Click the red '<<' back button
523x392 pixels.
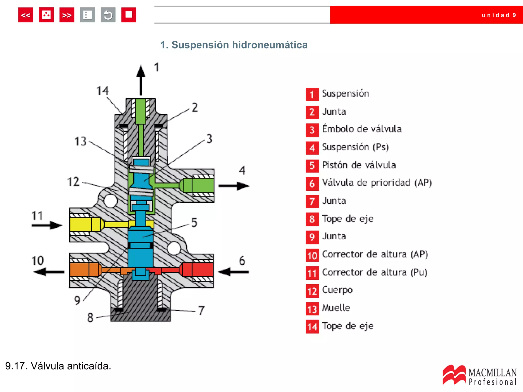tap(26, 15)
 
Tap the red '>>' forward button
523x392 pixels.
tap(67, 15)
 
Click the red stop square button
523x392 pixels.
tap(128, 15)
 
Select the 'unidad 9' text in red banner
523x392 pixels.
tap(498, 15)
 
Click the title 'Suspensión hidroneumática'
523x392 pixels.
tap(234, 45)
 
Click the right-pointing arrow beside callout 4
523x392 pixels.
tap(234, 186)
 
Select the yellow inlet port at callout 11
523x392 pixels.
tap(84, 224)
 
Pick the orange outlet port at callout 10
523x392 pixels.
tap(84, 270)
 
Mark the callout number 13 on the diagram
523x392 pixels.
tap(81, 141)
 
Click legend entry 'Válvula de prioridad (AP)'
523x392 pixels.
tap(377, 183)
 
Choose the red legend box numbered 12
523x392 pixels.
tap(312, 291)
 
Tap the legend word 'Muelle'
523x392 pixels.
tap(336, 308)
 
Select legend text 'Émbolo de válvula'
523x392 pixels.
tap(362, 129)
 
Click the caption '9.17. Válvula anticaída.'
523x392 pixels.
tap(58, 366)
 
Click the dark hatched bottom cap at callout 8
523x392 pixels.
tap(140, 314)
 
